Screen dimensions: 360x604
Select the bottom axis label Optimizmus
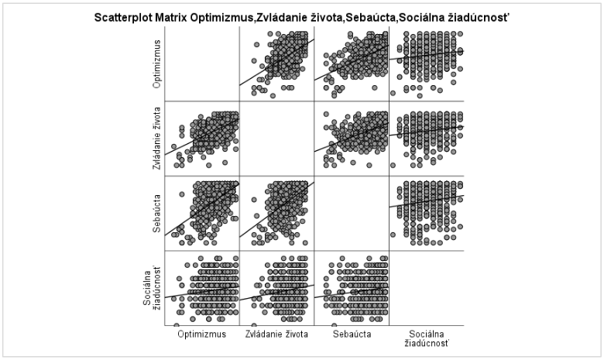[201, 335]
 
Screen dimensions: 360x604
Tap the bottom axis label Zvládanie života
[276, 335]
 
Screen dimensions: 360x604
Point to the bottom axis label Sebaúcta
[351, 335]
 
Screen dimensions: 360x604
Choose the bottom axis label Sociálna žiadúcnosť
[427, 339]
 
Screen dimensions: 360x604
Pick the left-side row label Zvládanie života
[157, 139]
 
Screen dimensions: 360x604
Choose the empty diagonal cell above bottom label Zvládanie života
[276, 139]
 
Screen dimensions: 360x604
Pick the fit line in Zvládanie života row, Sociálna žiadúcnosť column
[427, 132]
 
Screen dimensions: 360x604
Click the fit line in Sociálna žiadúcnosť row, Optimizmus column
[201, 292]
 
